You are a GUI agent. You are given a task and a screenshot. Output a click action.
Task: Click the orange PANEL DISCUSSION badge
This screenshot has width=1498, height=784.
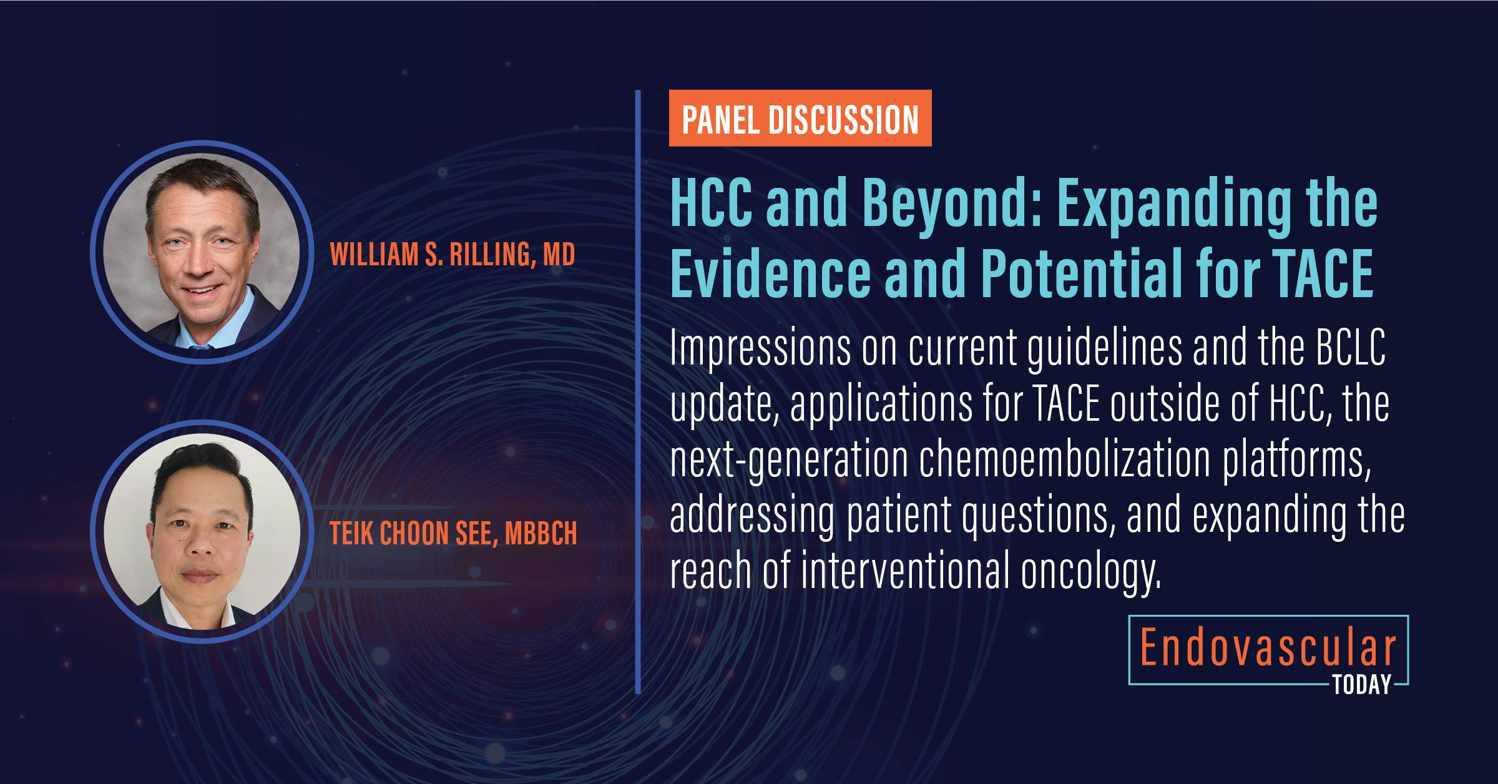tap(800, 119)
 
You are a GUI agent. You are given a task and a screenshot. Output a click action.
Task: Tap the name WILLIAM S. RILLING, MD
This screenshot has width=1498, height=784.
tap(452, 255)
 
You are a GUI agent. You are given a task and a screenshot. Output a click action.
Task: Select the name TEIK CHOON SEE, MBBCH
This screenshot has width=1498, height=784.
tap(453, 534)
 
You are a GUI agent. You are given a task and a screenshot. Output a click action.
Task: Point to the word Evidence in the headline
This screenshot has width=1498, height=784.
tap(770, 275)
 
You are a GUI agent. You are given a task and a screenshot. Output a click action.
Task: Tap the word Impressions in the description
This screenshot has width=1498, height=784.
tap(760, 350)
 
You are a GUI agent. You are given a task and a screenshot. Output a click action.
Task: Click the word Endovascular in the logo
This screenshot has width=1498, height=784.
tap(1268, 650)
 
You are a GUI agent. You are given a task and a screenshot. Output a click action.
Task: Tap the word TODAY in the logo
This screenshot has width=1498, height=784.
tap(1362, 685)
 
